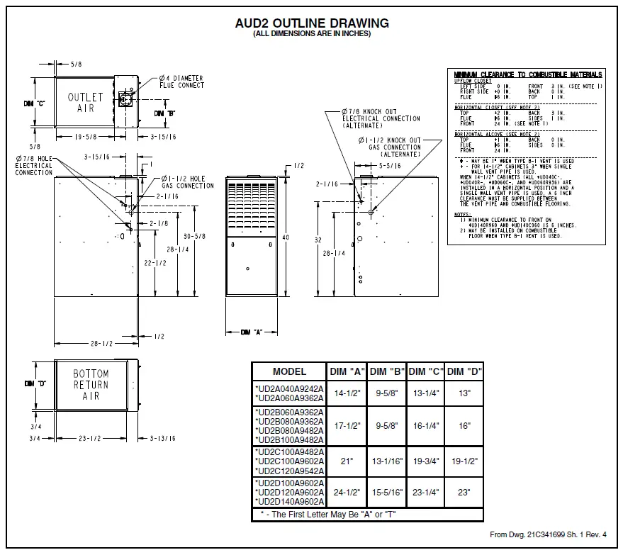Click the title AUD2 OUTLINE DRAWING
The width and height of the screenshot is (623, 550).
311,23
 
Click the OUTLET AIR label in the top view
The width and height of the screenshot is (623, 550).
86,102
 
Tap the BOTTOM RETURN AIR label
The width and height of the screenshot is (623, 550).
91,385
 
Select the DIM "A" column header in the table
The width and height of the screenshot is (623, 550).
347,371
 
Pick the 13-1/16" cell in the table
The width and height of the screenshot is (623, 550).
386,461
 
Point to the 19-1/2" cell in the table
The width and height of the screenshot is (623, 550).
464,461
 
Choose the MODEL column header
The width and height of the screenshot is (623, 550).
289,371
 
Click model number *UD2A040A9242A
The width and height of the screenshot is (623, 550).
289,388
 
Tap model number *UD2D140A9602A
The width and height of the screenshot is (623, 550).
289,502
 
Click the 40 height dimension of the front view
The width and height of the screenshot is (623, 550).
286,238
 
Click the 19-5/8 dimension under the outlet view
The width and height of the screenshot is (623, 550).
91,135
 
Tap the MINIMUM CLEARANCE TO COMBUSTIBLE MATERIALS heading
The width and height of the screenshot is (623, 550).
528,74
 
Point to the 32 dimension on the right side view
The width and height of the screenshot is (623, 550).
318,240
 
